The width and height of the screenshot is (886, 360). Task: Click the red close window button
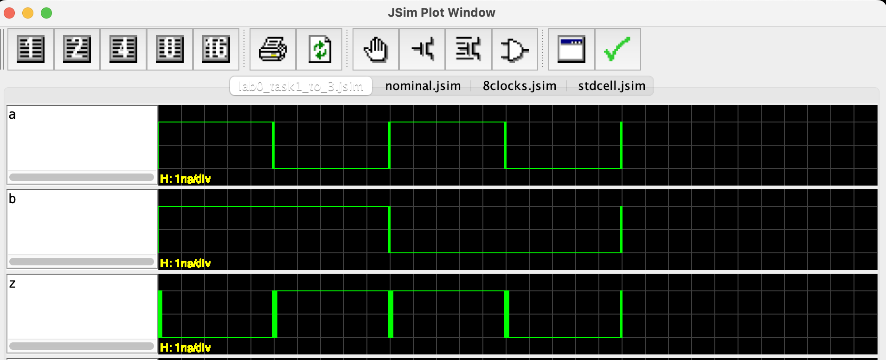pos(9,13)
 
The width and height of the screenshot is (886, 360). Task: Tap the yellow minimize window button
pos(28,13)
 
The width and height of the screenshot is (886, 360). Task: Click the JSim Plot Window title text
pos(441,13)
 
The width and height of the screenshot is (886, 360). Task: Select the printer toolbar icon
pos(273,49)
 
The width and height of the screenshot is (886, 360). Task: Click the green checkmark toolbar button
pos(617,49)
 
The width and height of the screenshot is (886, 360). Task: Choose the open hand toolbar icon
pos(376,49)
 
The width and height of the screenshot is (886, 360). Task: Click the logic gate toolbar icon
pos(514,49)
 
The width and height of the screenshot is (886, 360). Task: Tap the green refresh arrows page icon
pos(319,49)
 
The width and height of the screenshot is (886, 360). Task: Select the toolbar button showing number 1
pos(31,49)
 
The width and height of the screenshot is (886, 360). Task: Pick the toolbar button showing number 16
pos(216,49)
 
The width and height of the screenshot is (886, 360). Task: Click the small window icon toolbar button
pos(571,49)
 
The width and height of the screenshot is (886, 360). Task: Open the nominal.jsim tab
pos(423,86)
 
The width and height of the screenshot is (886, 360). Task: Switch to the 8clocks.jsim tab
pos(519,86)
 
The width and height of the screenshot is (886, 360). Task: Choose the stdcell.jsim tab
pos(611,86)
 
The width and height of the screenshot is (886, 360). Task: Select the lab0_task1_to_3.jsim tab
pos(301,86)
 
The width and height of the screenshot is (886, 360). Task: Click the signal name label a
pos(13,115)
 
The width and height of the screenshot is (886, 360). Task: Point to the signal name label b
pos(13,199)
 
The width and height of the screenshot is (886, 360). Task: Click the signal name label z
pos(13,283)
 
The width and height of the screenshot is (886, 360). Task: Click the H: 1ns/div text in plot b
pos(185,263)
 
